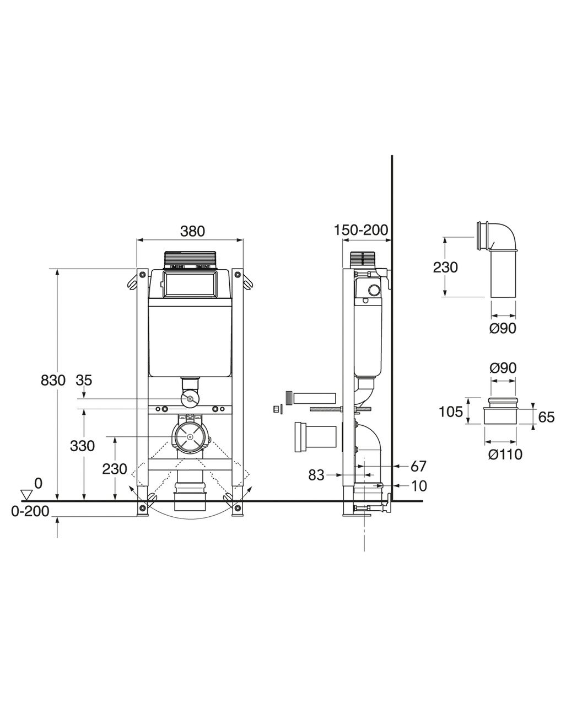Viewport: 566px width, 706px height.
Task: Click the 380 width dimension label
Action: (192, 231)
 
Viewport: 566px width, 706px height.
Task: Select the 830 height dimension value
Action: (53, 381)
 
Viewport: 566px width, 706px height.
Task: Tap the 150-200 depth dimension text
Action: (361, 230)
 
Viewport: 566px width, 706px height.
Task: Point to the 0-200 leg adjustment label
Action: (30, 511)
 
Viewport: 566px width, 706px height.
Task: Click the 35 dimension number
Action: (84, 381)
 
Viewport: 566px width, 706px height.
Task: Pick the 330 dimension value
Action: (82, 446)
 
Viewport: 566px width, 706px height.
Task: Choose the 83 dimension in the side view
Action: (316, 475)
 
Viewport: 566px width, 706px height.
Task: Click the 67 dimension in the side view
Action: (418, 466)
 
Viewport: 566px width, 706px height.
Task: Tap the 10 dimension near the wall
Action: (419, 486)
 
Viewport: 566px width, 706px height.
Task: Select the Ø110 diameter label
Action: (505, 454)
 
